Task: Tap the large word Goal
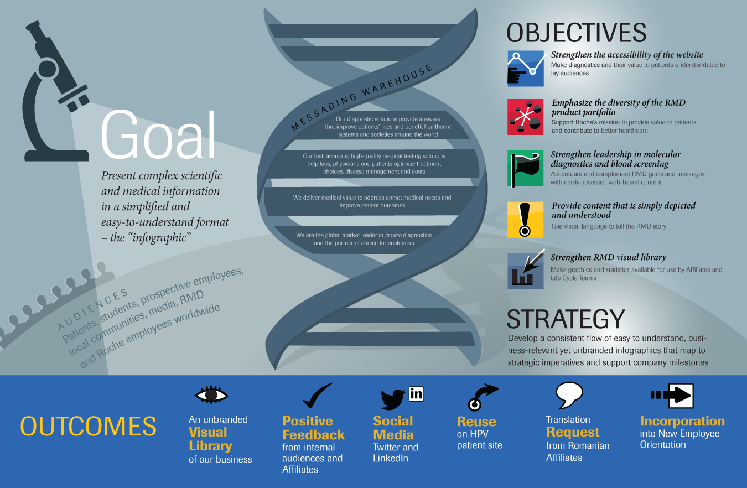[158, 135]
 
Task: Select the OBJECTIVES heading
[577, 33]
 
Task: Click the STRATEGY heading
[566, 319]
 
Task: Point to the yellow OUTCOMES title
[88, 426]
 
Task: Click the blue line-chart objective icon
[526, 69]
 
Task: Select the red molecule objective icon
[526, 117]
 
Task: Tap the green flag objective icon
[526, 168]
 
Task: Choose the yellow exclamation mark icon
[526, 220]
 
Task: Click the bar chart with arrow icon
[526, 270]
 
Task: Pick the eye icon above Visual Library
[211, 395]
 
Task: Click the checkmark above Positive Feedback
[317, 396]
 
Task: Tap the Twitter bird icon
[394, 399]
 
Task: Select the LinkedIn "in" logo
[416, 394]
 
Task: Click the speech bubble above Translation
[569, 395]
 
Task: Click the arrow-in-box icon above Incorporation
[672, 396]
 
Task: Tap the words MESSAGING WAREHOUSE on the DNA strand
[361, 97]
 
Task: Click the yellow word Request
[573, 432]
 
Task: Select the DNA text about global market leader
[364, 239]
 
